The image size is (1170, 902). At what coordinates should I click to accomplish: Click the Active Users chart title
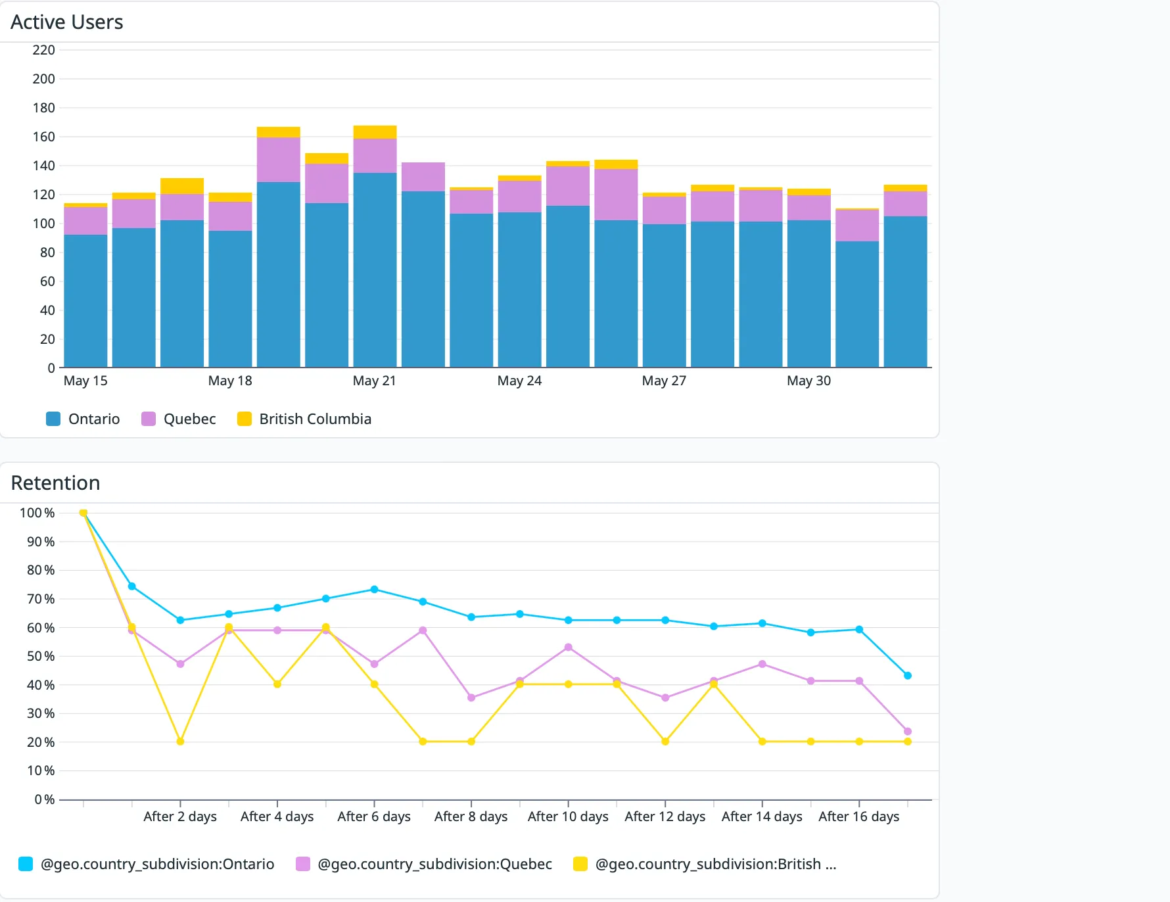point(67,22)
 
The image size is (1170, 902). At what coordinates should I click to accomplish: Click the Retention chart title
point(56,483)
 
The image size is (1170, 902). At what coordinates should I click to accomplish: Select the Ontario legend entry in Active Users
point(83,419)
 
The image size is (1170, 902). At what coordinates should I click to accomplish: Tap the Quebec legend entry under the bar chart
point(179,419)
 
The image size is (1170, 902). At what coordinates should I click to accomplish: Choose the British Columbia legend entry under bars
point(304,419)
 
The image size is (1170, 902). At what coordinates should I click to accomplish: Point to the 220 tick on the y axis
point(44,50)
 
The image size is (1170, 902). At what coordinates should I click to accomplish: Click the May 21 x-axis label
point(375,381)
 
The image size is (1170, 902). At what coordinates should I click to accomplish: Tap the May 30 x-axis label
point(809,381)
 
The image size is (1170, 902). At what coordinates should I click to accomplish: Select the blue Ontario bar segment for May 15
point(85,301)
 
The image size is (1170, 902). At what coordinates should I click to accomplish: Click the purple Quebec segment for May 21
point(375,156)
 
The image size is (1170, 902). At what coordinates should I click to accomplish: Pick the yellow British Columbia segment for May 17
point(182,186)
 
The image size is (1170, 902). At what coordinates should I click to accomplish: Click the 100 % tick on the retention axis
point(37,513)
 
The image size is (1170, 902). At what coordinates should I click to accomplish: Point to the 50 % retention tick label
point(41,656)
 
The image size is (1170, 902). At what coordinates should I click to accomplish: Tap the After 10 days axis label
point(568,817)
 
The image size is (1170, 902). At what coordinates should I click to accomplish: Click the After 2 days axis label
point(180,817)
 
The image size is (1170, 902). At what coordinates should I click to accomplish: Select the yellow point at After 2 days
point(180,742)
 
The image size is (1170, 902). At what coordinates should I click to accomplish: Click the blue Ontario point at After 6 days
point(375,589)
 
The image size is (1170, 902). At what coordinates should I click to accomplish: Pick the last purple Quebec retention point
point(908,731)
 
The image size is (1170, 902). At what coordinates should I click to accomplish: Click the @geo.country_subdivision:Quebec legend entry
point(424,864)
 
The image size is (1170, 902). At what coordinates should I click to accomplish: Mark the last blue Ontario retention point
point(908,676)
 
